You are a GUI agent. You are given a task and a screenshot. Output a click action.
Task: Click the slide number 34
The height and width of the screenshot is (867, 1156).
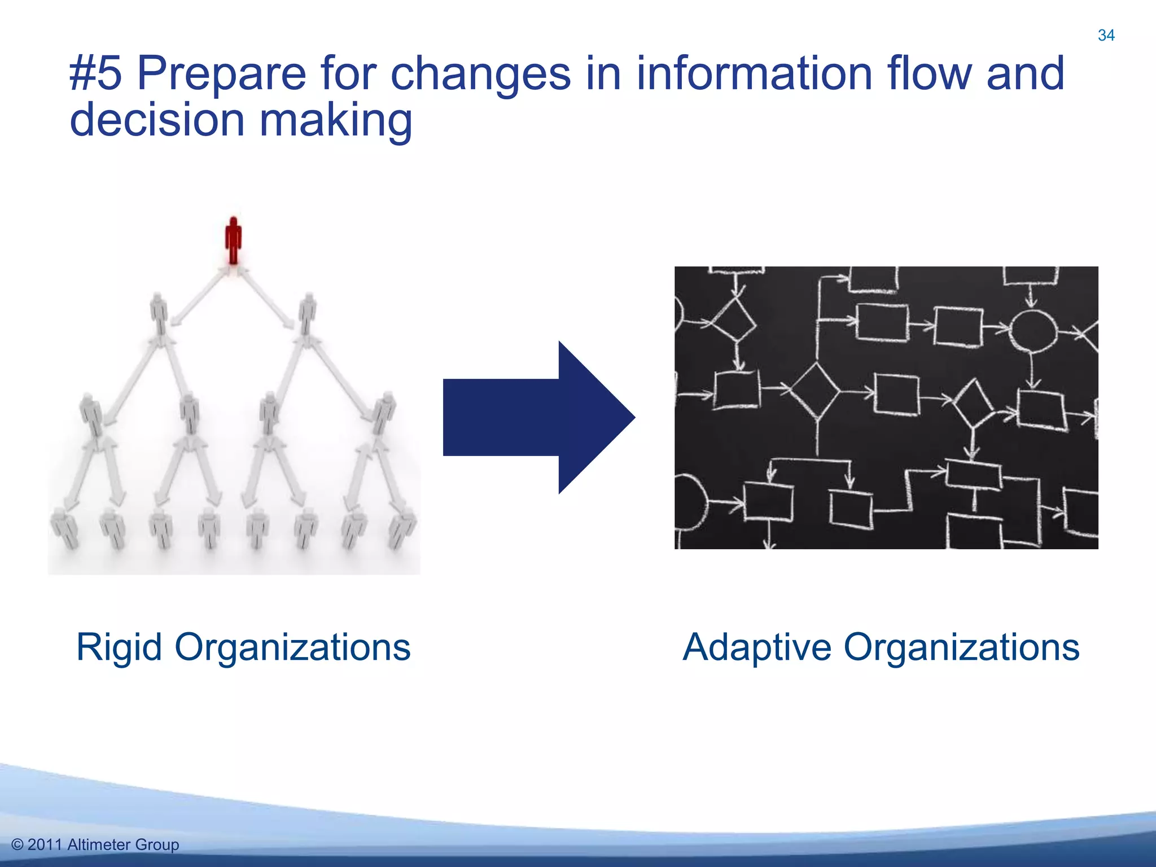[1106, 36]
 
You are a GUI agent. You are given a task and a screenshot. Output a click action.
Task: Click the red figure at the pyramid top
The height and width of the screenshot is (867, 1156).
[233, 240]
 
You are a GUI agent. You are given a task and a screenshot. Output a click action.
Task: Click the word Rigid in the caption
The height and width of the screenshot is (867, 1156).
[119, 647]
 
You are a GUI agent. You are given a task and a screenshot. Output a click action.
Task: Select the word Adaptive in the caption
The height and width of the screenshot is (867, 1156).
[756, 647]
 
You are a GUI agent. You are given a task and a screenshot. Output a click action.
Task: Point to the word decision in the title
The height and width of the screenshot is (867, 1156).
[157, 120]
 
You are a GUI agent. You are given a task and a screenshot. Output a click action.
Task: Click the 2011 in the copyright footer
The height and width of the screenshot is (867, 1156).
[45, 844]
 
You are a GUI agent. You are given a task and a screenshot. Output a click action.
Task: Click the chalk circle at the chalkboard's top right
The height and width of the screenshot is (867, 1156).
[1032, 331]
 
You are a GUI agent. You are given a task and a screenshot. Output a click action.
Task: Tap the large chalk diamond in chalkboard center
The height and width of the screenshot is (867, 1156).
[815, 391]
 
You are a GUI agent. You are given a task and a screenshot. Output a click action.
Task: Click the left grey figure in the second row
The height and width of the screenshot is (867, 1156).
[160, 314]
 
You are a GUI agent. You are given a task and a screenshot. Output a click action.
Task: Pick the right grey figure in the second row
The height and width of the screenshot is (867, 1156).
[308, 314]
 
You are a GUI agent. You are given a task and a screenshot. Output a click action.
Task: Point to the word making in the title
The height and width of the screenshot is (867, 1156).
[335, 120]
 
